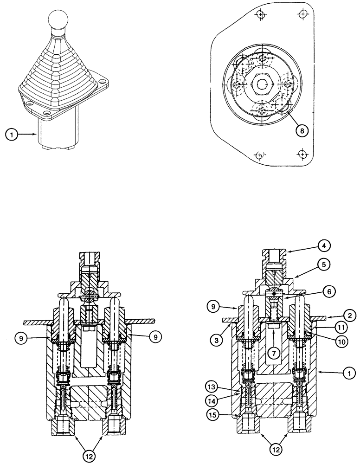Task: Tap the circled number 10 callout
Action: [x=342, y=342]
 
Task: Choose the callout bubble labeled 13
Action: [x=213, y=386]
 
